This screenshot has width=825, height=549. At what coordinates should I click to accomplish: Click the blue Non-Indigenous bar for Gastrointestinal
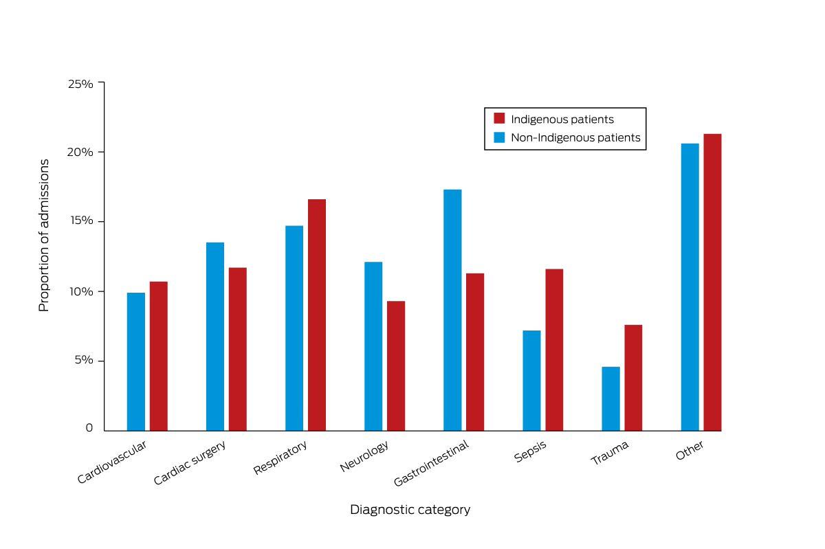point(452,310)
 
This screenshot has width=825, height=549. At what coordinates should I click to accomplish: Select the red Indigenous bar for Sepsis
point(554,350)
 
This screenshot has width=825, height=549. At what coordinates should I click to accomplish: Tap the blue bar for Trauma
point(610,399)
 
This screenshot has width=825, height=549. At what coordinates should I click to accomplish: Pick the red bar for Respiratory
point(317,315)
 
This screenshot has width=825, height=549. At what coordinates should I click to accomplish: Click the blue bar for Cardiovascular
point(136,361)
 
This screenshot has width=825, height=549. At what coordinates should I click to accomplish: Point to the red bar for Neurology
point(396,366)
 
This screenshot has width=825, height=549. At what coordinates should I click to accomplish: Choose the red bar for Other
point(712,282)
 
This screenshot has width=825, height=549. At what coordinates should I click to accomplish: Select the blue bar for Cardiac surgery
point(215,337)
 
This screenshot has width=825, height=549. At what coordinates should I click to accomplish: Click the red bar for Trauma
point(633,378)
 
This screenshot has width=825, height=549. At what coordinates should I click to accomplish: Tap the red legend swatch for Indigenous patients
point(499,118)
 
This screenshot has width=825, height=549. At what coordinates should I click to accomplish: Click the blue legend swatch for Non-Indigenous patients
point(499,137)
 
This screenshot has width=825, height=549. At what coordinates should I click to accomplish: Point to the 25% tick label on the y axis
point(80,84)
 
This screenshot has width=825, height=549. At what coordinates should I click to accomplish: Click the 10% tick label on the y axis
point(81,291)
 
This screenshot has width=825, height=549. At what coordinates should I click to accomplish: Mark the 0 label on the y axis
point(89,427)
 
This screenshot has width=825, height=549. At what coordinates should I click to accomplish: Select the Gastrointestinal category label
point(431,463)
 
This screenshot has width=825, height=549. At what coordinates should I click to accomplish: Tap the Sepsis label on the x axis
point(530,451)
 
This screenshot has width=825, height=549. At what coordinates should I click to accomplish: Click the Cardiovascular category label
point(111,462)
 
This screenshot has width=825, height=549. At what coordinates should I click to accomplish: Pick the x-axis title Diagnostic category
point(410,510)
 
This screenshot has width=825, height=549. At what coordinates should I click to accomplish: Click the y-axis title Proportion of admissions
point(44,235)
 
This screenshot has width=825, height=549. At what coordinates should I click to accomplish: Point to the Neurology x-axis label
point(364,456)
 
